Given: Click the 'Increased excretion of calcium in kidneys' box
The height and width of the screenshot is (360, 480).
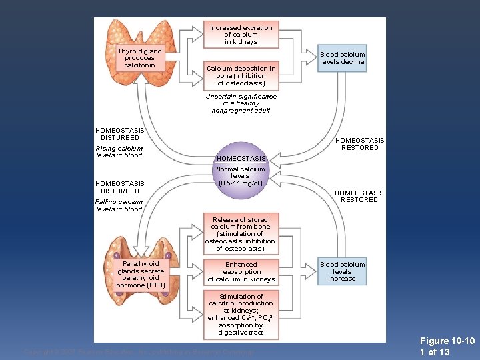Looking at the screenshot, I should (x=241, y=35).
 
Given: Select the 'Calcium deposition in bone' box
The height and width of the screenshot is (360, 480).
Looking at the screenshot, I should (x=241, y=76).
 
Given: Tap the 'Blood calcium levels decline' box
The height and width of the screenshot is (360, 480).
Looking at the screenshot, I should (x=342, y=58).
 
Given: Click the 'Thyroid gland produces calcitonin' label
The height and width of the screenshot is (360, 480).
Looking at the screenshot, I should (x=139, y=58).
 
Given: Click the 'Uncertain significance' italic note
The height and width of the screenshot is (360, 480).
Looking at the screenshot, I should (x=241, y=103).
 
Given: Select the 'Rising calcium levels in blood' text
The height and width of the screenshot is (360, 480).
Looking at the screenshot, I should (x=119, y=151).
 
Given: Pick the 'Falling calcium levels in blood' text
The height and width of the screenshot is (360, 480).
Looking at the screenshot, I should (x=119, y=205).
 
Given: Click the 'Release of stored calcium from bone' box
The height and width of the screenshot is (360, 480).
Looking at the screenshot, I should (x=241, y=234).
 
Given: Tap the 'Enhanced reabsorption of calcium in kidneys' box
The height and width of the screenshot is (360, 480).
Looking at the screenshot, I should (x=241, y=272).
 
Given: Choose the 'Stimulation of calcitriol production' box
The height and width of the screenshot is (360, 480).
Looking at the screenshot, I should (x=241, y=314).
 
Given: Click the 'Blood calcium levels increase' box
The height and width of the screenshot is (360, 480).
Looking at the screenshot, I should (x=342, y=271).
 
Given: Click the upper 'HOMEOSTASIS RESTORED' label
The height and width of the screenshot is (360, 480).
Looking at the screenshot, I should (x=359, y=144).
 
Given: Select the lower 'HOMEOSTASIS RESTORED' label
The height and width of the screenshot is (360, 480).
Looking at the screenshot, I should (x=359, y=196).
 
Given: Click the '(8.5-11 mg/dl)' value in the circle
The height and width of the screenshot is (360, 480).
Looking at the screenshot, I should (x=240, y=183).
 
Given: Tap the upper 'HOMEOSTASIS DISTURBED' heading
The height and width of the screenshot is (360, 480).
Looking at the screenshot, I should (x=119, y=134).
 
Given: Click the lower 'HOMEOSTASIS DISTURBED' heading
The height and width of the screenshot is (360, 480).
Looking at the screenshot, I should (x=119, y=187).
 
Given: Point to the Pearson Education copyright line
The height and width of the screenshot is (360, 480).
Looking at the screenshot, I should (x=139, y=351).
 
